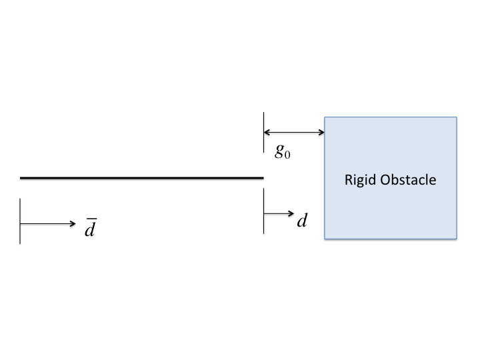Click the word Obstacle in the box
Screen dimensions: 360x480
point(408,179)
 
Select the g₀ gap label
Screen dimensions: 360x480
point(283,151)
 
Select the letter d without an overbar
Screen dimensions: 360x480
point(302,220)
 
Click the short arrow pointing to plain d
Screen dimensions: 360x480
point(279,213)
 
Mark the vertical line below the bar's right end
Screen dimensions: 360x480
point(264,211)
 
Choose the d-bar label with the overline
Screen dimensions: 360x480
point(90,229)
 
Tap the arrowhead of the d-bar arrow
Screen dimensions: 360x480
point(73,224)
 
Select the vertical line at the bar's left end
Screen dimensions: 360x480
point(21,221)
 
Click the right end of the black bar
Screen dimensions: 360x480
point(262,178)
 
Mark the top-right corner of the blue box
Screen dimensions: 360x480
point(457,118)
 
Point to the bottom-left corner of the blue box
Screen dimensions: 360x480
point(325,239)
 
